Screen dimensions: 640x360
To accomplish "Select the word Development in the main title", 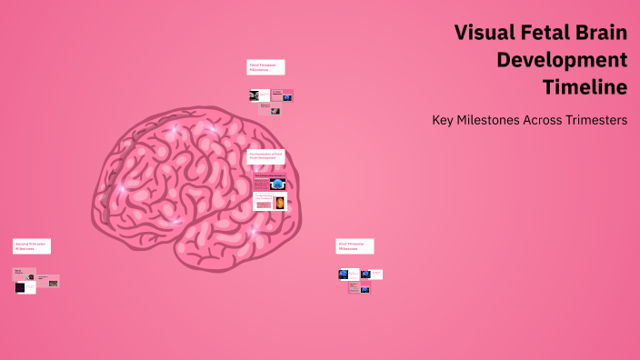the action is pos(562,61).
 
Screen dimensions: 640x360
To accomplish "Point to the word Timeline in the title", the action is pos(585,87).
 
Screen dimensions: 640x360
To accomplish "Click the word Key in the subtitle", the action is pos(445,120).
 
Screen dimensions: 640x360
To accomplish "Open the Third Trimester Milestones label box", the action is pos(265,67).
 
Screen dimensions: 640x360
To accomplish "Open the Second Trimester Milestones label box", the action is pos(32,245).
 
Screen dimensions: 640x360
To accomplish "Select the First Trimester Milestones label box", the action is pos(355,245).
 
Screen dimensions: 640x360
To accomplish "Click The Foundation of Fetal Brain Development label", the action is pos(265,156).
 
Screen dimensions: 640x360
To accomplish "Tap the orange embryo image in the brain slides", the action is pos(279,203).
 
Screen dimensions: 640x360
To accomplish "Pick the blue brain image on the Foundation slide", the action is pos(277,182).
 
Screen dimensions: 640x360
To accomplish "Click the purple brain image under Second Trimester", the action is pos(20,287).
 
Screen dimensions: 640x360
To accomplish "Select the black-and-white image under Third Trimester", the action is pos(255,95).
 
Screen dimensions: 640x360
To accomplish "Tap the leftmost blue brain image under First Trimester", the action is pos(344,274).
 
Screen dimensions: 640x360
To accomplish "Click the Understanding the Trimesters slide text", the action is pos(265,197).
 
